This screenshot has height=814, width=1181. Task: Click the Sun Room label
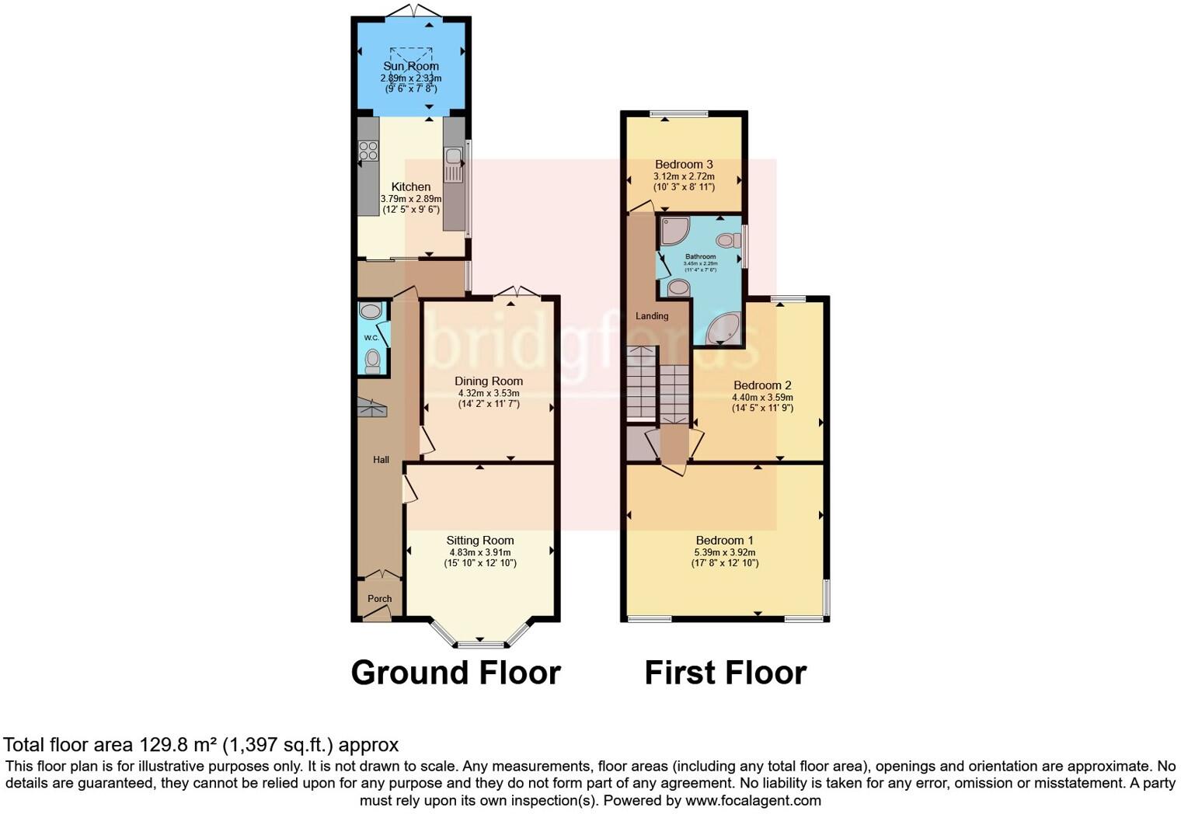coord(410,66)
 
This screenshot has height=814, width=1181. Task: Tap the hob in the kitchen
coord(368,151)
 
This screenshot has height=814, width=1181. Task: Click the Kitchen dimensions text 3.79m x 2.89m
coord(410,199)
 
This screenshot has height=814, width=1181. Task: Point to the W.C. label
coord(371,338)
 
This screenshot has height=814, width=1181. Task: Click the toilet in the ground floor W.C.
coord(373,360)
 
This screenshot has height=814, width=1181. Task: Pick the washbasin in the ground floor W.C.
coord(371,311)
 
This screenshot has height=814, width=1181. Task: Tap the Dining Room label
coord(488,381)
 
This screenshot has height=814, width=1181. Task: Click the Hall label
coord(381,460)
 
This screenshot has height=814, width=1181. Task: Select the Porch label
coord(379,599)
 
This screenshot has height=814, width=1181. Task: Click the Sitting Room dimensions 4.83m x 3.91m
coord(479,552)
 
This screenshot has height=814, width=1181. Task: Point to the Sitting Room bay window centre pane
coord(480,644)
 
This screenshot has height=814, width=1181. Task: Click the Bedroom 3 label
coord(684,165)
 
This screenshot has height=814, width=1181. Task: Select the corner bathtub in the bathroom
coord(723,329)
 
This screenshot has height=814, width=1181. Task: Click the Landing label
coord(652,316)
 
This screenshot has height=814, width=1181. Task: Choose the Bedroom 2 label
coord(762,385)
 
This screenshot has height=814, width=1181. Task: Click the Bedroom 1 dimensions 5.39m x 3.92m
coord(724,552)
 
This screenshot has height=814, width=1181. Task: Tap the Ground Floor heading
coord(455,673)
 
